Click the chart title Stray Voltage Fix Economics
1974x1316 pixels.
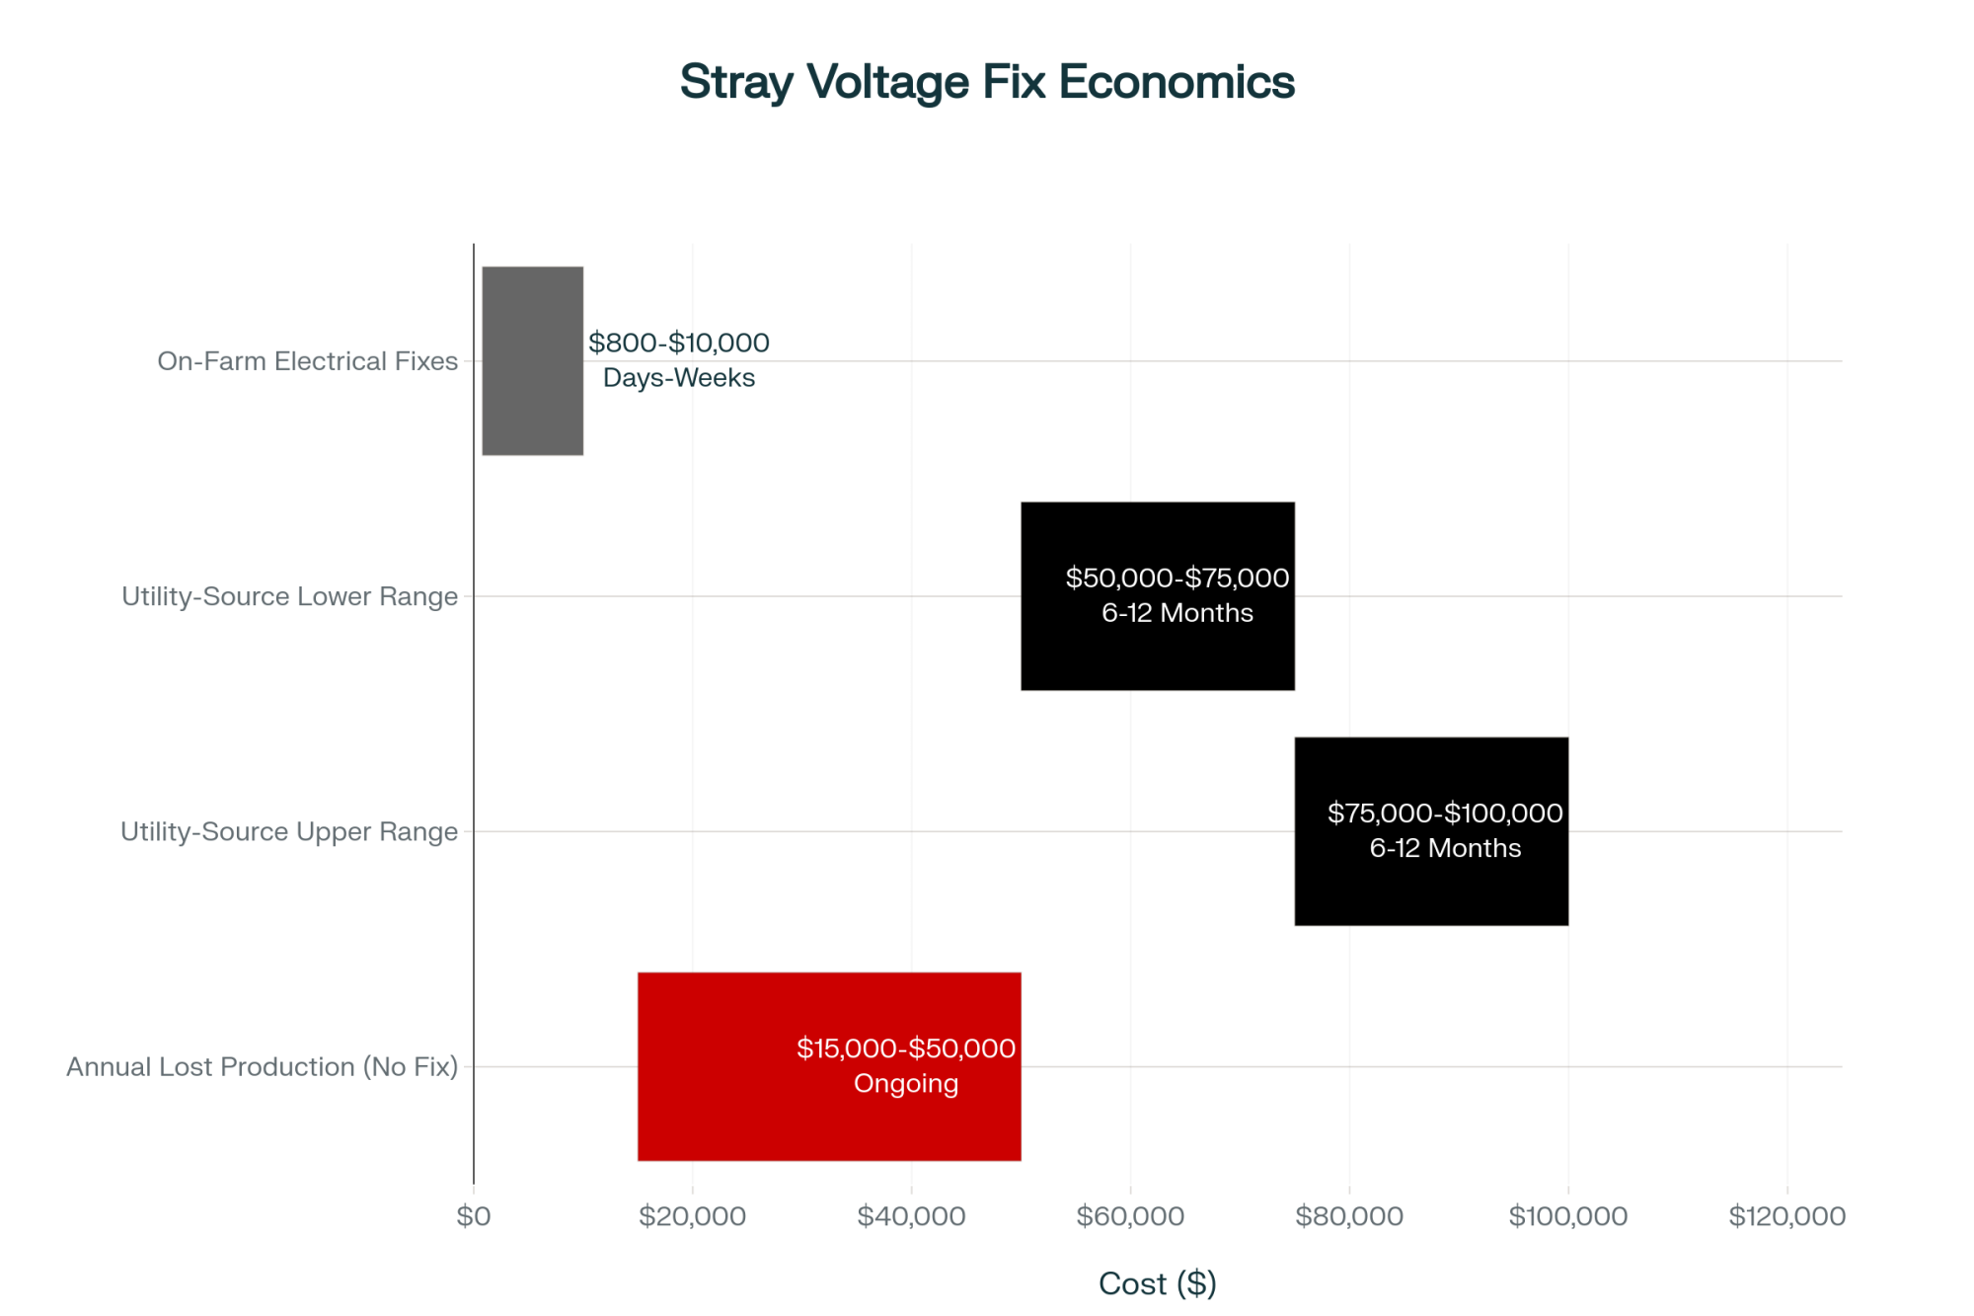tap(987, 82)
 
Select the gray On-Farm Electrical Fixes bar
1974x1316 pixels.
tap(532, 360)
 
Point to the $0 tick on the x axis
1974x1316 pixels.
tap(474, 1215)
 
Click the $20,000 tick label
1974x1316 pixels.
tap(692, 1215)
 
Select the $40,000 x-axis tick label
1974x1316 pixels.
tap(911, 1215)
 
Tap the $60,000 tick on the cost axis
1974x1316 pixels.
tap(1130, 1215)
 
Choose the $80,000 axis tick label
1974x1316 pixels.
tap(1349, 1215)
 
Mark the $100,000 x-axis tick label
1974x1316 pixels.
tap(1568, 1215)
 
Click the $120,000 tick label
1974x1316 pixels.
tap(1786, 1215)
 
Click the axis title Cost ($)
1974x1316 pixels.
tap(1157, 1282)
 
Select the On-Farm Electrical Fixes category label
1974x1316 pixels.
tap(307, 361)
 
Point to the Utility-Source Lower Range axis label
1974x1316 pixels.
tap(289, 596)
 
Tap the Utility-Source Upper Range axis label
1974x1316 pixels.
tap(288, 831)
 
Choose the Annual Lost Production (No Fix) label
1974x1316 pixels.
tap(262, 1066)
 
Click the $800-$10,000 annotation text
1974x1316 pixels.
tap(679, 343)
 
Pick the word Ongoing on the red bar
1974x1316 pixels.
tap(906, 1083)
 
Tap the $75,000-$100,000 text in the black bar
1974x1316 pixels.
tap(1445, 813)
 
